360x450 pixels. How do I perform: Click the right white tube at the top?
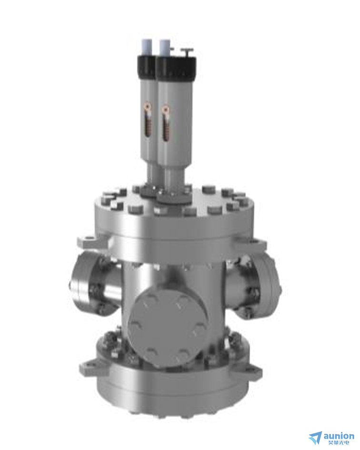pyautogui.click(x=164, y=48)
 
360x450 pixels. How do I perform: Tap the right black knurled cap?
pyautogui.click(x=176, y=68)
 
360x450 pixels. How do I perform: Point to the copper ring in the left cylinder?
pyautogui.click(x=148, y=108)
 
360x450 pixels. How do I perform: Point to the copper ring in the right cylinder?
pyautogui.click(x=166, y=109)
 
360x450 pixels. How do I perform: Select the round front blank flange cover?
pyautogui.click(x=168, y=328)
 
